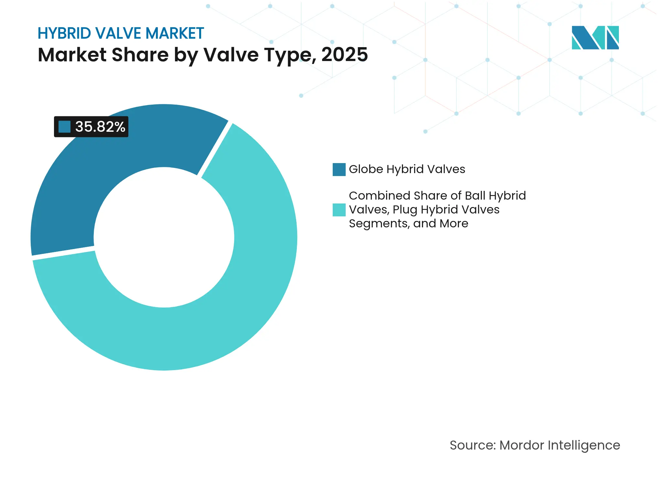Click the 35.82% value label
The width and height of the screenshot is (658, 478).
click(100, 127)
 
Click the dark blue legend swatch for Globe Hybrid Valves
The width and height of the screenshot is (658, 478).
click(339, 170)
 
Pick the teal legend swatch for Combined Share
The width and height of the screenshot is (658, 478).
click(339, 210)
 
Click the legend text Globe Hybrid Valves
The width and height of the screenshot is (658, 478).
click(407, 169)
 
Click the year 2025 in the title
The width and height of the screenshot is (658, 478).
click(344, 55)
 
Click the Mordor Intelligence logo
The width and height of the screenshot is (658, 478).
click(595, 37)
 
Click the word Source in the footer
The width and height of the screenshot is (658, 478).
click(472, 445)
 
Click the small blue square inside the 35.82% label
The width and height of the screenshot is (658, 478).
click(64, 127)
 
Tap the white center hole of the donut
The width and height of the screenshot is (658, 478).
click(164, 237)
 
